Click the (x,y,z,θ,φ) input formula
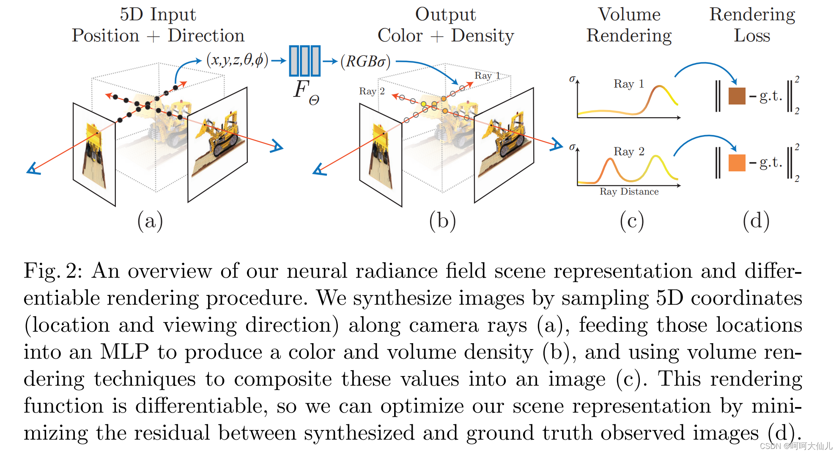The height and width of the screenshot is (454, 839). pos(237,61)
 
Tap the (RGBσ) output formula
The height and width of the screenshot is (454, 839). pos(365,62)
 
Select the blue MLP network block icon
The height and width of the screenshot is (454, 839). pos(304,61)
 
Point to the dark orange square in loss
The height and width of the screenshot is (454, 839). pos(737,96)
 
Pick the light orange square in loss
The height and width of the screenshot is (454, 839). pos(737,163)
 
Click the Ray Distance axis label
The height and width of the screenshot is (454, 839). pos(629,192)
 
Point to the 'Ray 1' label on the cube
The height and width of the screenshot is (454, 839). pos(487,76)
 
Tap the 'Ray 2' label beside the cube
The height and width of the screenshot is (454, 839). pos(372,91)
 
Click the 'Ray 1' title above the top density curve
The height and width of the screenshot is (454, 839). pos(628,84)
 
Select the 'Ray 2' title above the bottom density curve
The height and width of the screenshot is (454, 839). pos(629,151)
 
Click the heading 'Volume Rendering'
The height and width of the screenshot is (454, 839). pos(629,25)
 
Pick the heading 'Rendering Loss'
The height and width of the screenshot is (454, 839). pos(752,25)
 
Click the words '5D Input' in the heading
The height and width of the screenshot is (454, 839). pos(158,14)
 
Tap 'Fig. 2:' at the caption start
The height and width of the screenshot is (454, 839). pos(52,271)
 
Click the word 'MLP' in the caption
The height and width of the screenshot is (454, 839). pos(124,352)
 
